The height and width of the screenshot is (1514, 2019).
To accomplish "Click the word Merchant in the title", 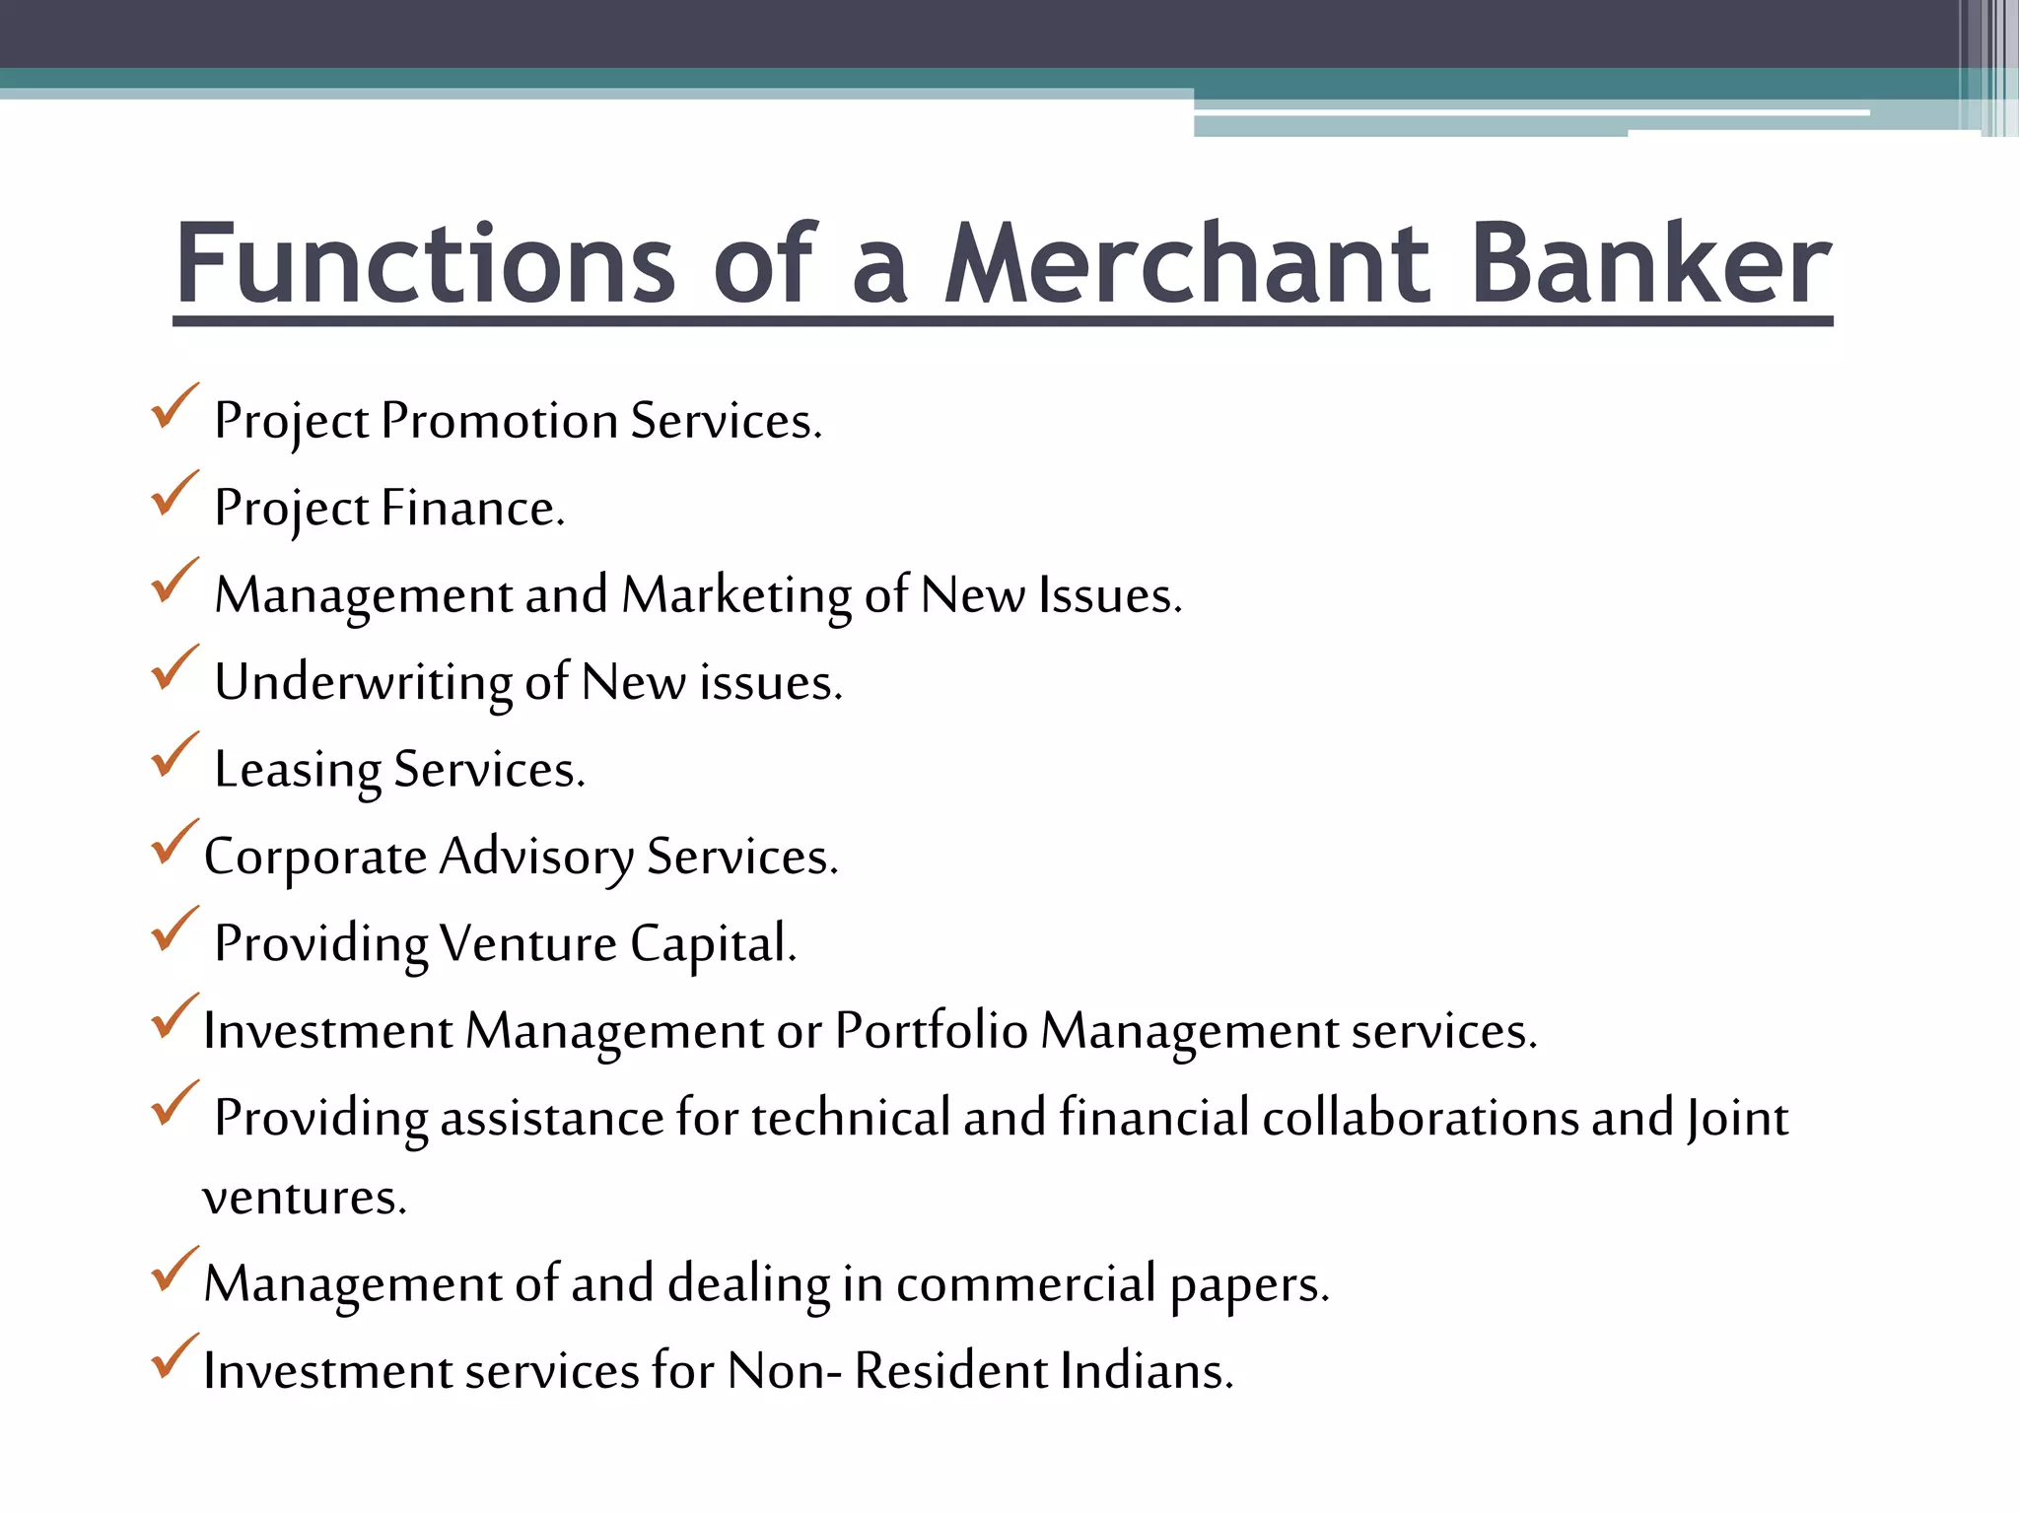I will [x=1187, y=264].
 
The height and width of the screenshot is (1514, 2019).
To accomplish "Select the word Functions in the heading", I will [x=425, y=264].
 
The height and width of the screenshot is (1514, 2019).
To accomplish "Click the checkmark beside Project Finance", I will [x=174, y=495].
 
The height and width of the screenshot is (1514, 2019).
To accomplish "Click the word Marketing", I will [x=736, y=595].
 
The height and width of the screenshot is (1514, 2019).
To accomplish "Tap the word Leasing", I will [x=298, y=770].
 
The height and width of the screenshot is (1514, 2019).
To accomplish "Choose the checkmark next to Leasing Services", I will [x=174, y=756].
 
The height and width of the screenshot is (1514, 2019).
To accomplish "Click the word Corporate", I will [x=314, y=857].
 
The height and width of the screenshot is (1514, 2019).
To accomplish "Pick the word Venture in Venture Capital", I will [x=528, y=944].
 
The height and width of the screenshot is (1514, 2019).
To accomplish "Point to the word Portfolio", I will [x=932, y=1031].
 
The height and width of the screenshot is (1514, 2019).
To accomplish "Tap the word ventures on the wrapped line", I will [x=304, y=1198].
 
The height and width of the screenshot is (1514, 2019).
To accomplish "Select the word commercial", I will [x=1025, y=1283].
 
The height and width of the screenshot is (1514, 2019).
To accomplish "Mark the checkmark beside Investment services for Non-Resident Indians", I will [x=174, y=1357].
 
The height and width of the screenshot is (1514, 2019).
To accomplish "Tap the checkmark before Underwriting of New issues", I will [x=174, y=669].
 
